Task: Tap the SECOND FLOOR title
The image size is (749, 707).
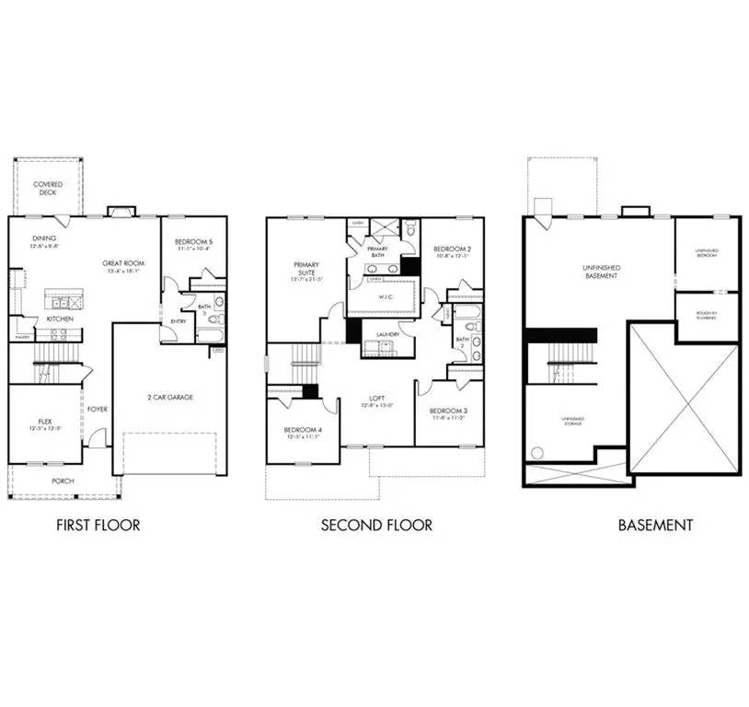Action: pos(376,526)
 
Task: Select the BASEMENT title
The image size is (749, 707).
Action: pos(655,526)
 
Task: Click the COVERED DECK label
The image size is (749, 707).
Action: pos(49,189)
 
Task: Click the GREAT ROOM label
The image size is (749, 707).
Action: pos(121,263)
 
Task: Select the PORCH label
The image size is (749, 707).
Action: pos(63,481)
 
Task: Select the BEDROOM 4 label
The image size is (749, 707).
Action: pos(302,431)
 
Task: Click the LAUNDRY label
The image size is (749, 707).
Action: pos(386,334)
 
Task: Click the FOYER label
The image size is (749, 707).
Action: pos(98,409)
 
